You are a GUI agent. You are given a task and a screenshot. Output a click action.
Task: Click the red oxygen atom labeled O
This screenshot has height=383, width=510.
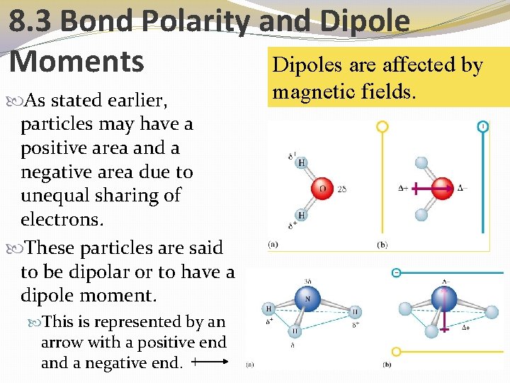[x=322, y=189]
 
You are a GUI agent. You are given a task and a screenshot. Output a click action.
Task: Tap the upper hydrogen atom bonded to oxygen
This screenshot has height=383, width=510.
[x=302, y=162]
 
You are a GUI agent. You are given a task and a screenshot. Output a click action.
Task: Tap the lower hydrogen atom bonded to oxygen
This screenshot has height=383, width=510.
[x=302, y=215]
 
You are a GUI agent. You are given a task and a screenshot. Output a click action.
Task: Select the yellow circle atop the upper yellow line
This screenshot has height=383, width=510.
[x=382, y=127]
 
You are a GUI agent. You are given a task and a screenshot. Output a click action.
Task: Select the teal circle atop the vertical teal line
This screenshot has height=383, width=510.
[x=482, y=126]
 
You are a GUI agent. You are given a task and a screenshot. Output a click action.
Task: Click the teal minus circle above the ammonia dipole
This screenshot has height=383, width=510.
[x=397, y=273]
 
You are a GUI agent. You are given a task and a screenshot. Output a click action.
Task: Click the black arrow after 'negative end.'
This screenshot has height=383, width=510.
[x=210, y=362]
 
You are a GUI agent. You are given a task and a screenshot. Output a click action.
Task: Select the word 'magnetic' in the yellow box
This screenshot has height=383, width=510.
[x=314, y=91]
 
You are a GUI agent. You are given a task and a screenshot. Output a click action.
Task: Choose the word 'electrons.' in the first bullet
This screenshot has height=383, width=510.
[x=62, y=219]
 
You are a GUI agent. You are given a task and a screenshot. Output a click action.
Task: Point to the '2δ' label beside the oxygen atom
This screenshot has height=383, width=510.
[x=342, y=189]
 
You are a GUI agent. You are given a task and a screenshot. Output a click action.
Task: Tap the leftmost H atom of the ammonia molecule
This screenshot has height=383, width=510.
[x=268, y=309]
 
